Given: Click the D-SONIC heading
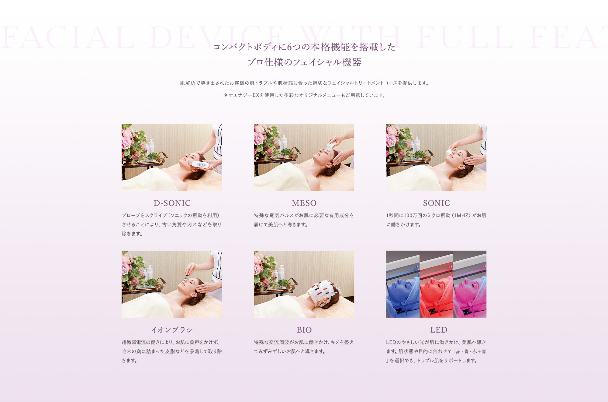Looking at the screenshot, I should coord(172,203).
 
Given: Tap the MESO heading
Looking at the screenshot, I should coord(304,203).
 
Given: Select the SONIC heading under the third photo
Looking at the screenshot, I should coord(436,203).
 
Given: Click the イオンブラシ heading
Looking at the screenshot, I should coord(172,330).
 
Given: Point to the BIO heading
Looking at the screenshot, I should coord(304,330).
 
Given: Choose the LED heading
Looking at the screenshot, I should coord(438,330).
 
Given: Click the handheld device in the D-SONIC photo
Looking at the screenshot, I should coord(199,165).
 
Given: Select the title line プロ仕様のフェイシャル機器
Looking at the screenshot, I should coord(304,62).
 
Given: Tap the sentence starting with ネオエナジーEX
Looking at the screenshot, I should coord(304,95).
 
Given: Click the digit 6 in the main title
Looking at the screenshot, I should coord(289,47).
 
